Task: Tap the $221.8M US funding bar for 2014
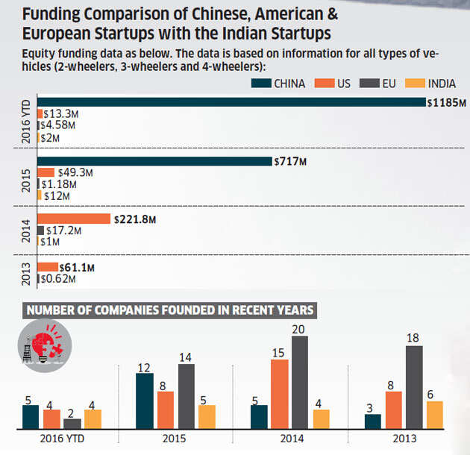pos(74,219)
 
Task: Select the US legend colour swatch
pos(322,83)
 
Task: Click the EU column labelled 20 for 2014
pos(300,382)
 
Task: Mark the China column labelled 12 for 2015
pos(145,401)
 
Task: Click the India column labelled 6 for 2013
pos(434,415)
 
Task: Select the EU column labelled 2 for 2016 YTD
pos(72,424)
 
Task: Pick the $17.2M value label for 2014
pos(64,230)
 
